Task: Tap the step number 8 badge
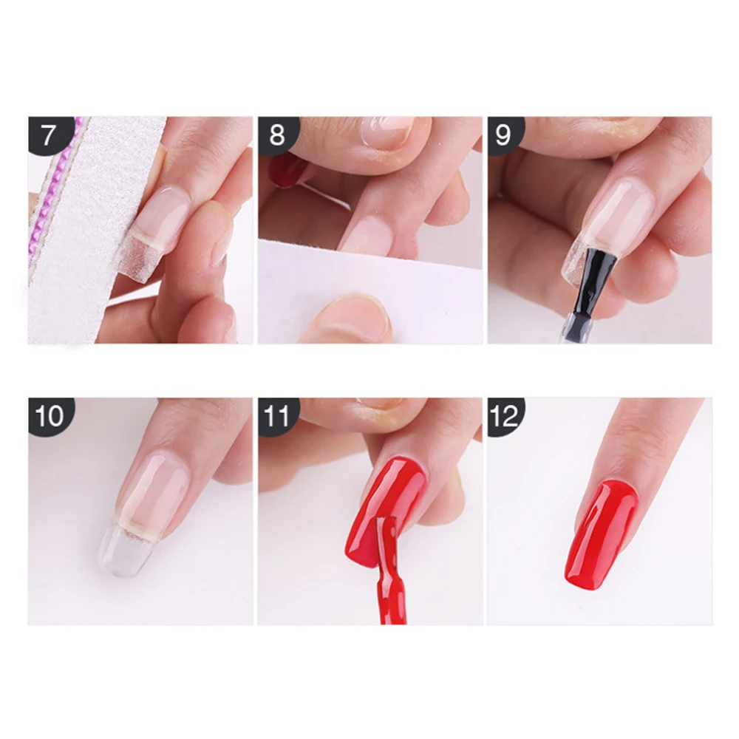tap(277, 135)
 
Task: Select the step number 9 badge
tap(504, 135)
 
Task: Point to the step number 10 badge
tap(49, 415)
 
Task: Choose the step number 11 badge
tap(277, 415)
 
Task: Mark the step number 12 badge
tap(504, 415)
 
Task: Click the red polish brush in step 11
tap(386, 571)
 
